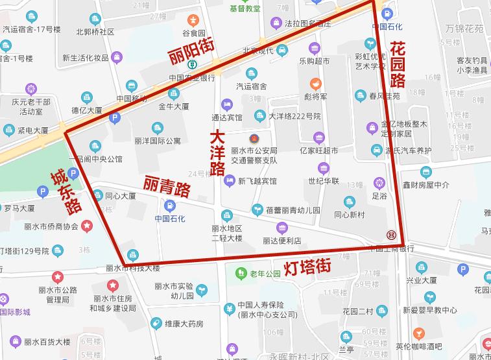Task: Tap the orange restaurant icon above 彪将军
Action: click(315, 84)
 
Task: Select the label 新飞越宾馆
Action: click(257, 181)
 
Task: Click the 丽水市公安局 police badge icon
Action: click(254, 138)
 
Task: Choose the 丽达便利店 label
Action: click(281, 241)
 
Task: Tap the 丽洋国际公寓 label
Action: click(158, 141)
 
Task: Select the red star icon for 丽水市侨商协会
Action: click(87, 226)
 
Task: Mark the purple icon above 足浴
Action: click(379, 182)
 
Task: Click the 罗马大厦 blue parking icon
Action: click(43, 192)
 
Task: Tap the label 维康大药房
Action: click(184, 323)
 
